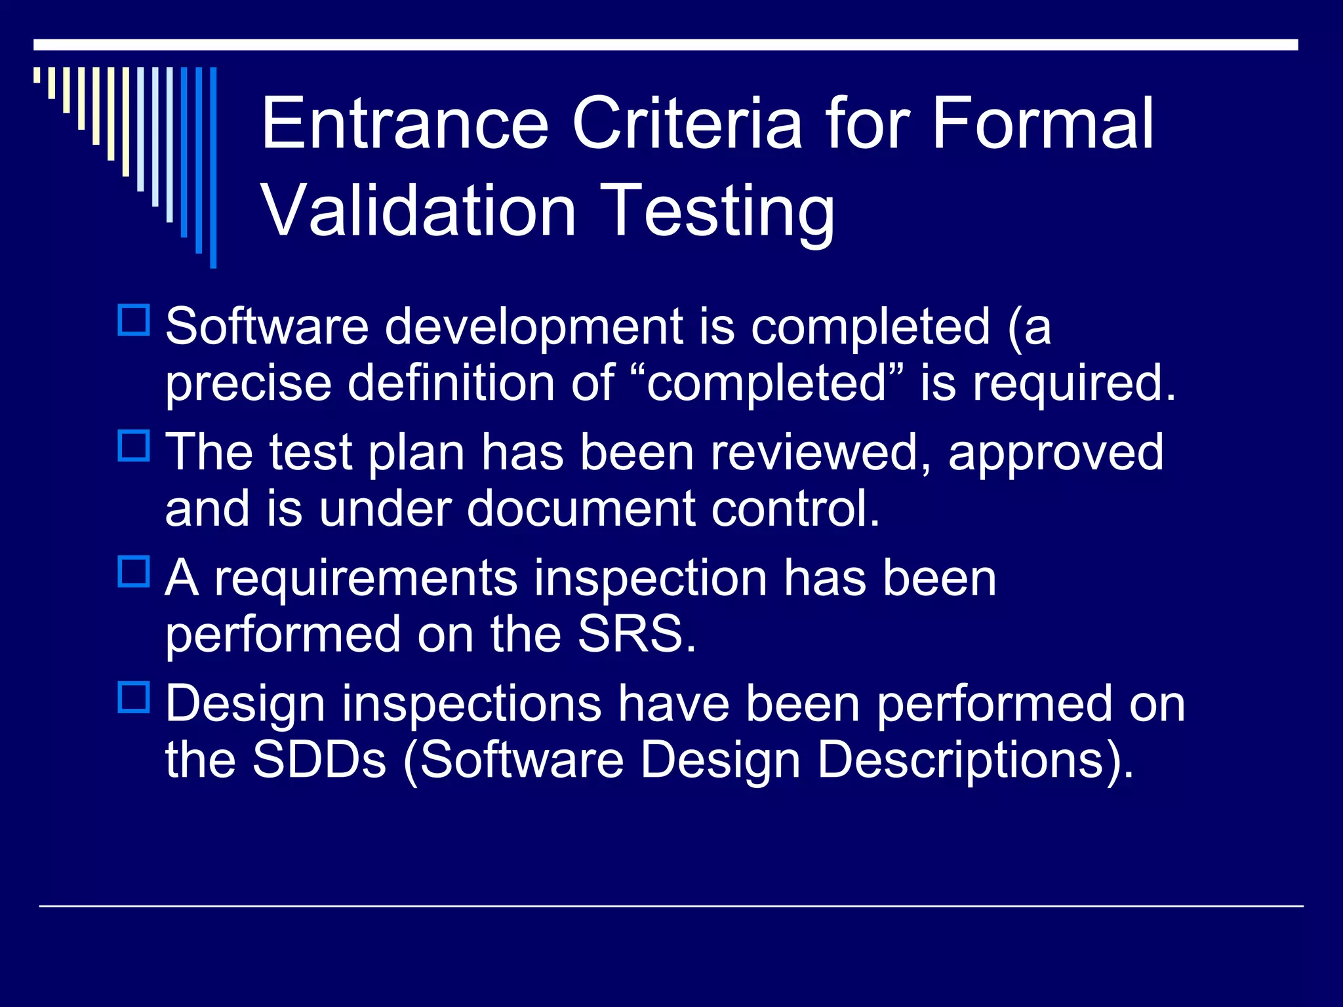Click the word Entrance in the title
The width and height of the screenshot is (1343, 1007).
[405, 123]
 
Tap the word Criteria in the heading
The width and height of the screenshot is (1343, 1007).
[687, 123]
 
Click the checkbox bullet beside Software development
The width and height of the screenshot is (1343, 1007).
[134, 320]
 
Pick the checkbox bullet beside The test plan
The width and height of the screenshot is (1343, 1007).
[134, 446]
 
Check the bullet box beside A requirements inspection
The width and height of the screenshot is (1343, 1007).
[134, 571]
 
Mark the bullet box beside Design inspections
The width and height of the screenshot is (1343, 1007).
[134, 697]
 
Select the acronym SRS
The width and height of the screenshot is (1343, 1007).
[635, 634]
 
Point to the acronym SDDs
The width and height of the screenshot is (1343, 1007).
[319, 760]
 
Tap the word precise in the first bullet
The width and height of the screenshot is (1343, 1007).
[248, 384]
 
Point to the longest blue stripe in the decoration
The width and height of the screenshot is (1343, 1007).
[213, 167]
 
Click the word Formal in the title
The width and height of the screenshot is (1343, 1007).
[1042, 123]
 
